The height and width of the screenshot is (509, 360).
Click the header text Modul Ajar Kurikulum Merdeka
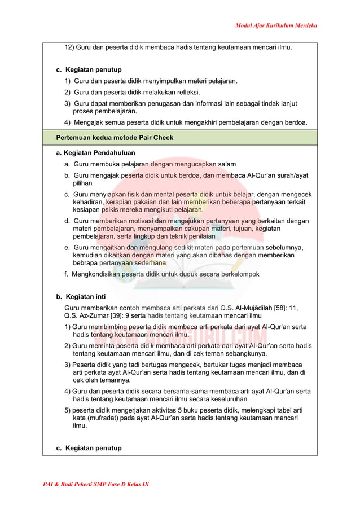276,25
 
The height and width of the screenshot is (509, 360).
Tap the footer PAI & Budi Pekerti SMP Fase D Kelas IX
96,484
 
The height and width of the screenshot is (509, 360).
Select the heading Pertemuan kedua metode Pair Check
115,138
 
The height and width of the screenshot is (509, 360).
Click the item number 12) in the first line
69,47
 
